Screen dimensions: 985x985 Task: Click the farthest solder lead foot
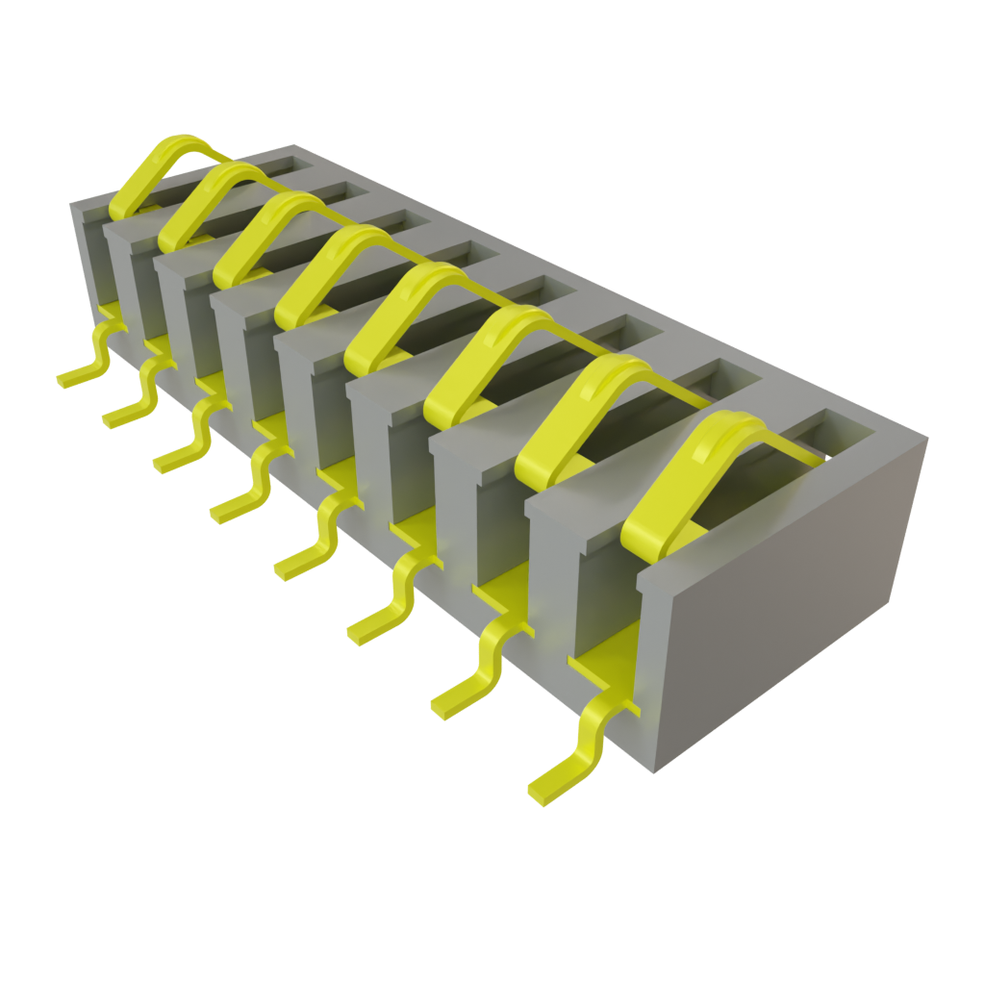(72, 377)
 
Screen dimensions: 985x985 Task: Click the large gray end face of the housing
(789, 596)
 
